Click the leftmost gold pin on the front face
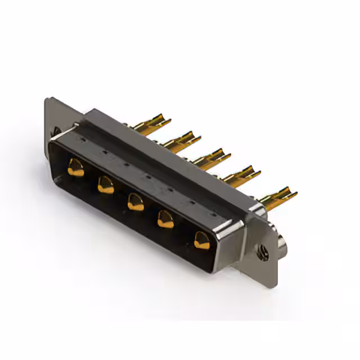[x=75, y=168]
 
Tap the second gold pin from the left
[x=105, y=184]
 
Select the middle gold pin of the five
[x=135, y=201]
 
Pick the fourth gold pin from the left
[x=165, y=218]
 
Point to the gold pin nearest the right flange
[x=201, y=240]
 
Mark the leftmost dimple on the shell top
[x=82, y=138]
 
